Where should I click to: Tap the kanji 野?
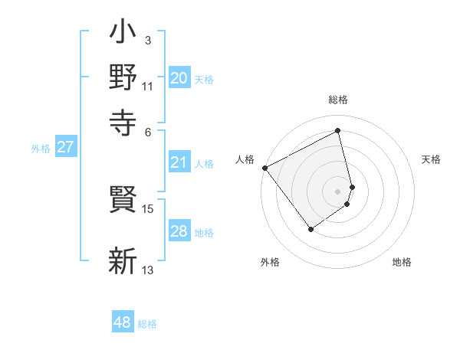(x=123, y=78)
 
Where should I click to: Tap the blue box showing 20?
(x=179, y=78)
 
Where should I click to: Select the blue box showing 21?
(x=179, y=162)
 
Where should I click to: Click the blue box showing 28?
(x=179, y=232)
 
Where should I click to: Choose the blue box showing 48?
(x=123, y=322)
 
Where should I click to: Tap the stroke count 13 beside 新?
(x=148, y=270)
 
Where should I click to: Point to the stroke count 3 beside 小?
(x=147, y=40)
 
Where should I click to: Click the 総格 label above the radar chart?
(x=338, y=100)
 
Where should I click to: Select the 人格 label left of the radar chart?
(x=245, y=159)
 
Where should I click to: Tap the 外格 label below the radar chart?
(x=270, y=263)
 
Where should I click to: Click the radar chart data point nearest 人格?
(x=264, y=168)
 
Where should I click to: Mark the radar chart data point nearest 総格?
(x=338, y=131)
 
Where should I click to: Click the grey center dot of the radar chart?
(x=338, y=190)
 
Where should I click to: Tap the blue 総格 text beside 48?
(x=147, y=324)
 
